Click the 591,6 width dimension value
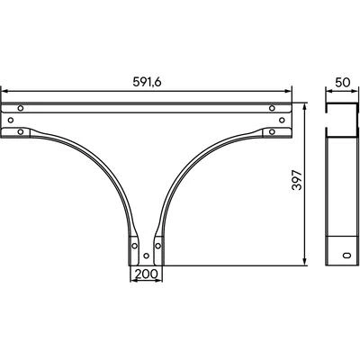[x=147, y=82]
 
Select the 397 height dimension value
[x=297, y=180]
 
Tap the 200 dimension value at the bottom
[x=146, y=274]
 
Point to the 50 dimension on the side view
[x=343, y=82]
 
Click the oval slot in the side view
[x=346, y=255]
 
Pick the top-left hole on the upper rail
[x=21, y=108]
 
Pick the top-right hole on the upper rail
[x=272, y=108]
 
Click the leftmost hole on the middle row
[x=11, y=120]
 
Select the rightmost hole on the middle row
[x=282, y=120]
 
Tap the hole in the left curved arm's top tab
[x=21, y=131]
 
